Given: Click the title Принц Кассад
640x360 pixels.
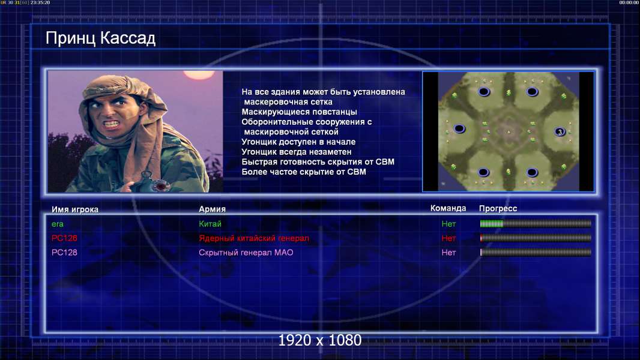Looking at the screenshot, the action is [x=100, y=38].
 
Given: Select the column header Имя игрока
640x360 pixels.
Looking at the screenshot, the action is [x=74, y=209].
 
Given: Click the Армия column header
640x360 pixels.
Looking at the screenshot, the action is [x=212, y=209].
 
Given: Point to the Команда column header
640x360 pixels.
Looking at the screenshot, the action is [x=448, y=208].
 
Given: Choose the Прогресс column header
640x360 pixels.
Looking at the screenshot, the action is [x=498, y=209].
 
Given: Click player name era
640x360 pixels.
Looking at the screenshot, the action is [x=58, y=224].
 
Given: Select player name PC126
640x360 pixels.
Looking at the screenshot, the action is [x=64, y=238].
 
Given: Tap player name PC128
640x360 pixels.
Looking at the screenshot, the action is [x=64, y=253].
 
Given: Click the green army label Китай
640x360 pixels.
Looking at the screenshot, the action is [x=210, y=224].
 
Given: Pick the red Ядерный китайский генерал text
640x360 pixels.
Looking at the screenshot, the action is [x=254, y=238].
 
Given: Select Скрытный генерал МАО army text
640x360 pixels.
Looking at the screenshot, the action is [x=246, y=253].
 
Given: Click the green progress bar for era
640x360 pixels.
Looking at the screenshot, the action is [x=492, y=223].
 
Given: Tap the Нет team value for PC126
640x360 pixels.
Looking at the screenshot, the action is [x=448, y=238].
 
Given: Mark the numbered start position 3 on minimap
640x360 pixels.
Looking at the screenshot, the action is [x=560, y=131].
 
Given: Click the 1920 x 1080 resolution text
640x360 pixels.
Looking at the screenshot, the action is [x=319, y=340].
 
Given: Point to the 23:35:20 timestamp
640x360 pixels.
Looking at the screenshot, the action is [x=40, y=2].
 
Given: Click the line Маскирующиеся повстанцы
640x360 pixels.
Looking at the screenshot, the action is [x=299, y=112].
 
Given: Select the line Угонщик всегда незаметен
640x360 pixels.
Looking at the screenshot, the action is [x=297, y=152].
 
